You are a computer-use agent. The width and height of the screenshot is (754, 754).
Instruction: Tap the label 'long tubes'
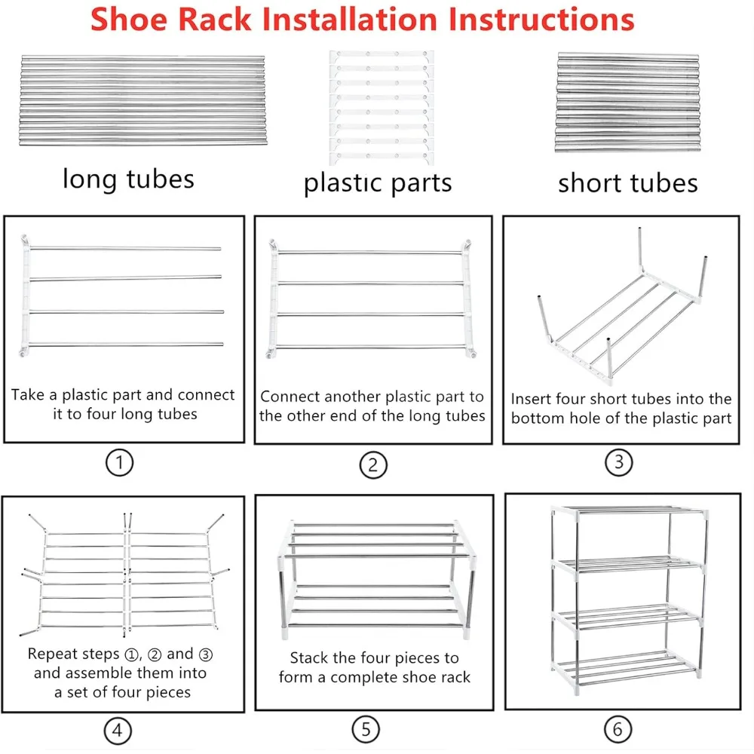(x=128, y=179)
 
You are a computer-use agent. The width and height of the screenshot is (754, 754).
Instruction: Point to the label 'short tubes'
(x=627, y=183)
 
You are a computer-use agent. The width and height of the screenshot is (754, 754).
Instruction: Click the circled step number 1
(x=119, y=463)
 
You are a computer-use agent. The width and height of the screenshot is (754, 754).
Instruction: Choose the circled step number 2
(x=373, y=465)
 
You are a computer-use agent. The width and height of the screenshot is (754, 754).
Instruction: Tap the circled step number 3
(x=618, y=462)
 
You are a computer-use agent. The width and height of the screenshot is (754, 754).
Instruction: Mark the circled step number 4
(x=118, y=731)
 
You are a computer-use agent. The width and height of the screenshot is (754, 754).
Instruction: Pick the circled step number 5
(x=366, y=729)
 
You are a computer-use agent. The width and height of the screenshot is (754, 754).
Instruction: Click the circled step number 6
(x=618, y=729)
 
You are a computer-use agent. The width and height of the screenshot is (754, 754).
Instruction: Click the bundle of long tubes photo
(x=143, y=100)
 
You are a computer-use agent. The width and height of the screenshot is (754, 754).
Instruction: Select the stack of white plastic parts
(x=382, y=108)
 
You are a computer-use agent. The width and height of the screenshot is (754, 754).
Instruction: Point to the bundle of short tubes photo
(x=627, y=103)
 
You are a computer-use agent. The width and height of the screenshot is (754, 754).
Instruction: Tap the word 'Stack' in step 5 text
(x=308, y=657)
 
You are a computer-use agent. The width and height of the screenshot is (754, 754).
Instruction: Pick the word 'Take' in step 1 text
(x=28, y=394)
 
